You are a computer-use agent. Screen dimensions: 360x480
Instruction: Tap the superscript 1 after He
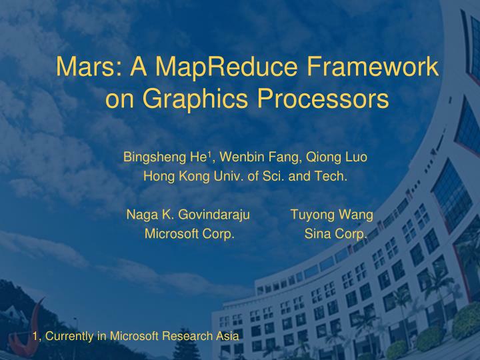pos(209,155)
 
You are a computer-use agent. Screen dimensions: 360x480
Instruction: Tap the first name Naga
pos(139,215)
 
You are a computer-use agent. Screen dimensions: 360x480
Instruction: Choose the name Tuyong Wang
pos(331,215)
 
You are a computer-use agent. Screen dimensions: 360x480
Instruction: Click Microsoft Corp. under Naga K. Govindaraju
pos(189,234)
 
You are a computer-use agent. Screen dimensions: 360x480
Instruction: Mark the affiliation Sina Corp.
pos(335,234)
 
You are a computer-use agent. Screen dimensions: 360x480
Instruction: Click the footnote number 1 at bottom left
pos(35,337)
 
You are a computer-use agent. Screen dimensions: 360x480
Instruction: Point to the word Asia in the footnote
pos(227,337)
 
